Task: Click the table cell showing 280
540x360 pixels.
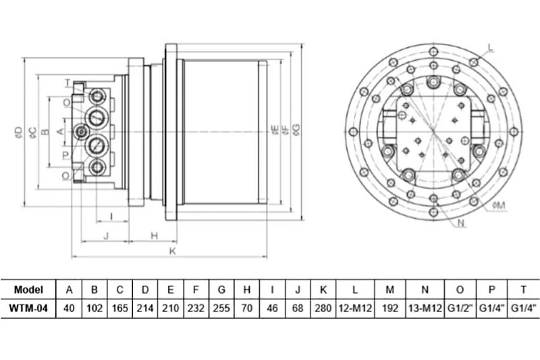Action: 323,308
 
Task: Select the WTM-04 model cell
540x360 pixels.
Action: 28,308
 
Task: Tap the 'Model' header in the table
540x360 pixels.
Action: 28,290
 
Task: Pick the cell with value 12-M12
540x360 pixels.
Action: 355,308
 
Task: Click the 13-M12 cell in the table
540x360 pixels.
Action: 425,308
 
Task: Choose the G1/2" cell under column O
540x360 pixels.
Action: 460,308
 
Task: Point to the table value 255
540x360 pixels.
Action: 221,308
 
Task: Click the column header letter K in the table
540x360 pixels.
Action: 323,290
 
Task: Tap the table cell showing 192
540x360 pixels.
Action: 390,308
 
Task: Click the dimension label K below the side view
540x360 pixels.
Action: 173,251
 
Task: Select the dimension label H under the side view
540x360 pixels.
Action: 155,236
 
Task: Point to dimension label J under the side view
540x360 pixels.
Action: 106,236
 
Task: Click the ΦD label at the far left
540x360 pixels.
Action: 19,132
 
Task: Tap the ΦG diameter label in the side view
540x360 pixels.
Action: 296,130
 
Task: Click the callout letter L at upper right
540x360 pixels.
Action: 491,47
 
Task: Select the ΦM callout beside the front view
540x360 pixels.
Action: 499,205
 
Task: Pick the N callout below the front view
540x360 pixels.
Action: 462,224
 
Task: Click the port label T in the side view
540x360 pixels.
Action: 67,83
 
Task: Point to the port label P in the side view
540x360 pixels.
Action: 65,155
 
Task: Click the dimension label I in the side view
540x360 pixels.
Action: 111,216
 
